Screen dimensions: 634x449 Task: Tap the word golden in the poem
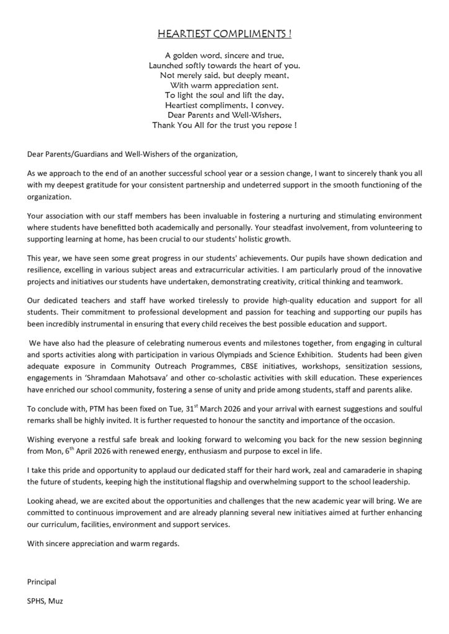coord(192,55)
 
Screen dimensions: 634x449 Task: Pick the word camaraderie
coord(353,472)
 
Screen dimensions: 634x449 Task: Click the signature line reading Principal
coord(42,582)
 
